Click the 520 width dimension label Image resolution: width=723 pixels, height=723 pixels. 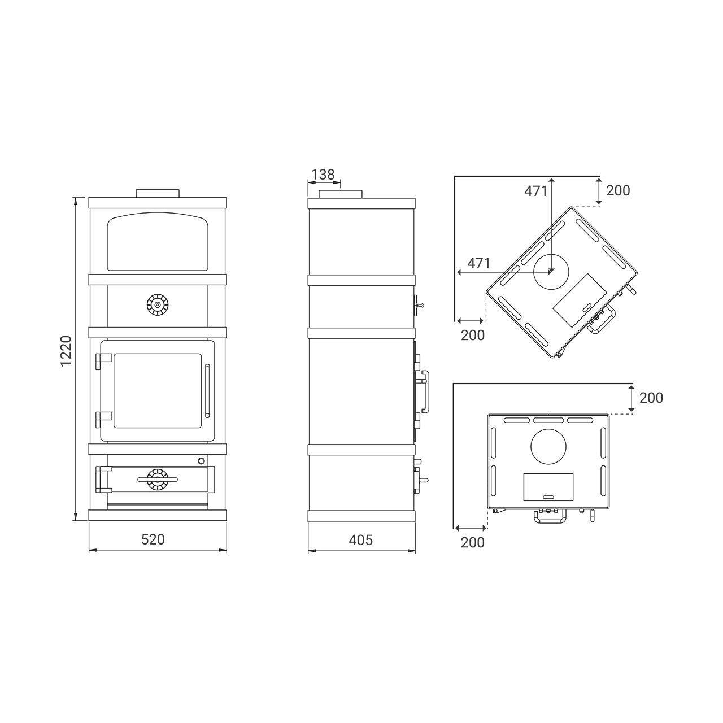coord(153,539)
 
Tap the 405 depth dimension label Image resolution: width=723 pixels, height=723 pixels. coord(360,540)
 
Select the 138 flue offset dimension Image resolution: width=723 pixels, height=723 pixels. coord(323,175)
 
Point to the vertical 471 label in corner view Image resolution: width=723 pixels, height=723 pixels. coord(536,191)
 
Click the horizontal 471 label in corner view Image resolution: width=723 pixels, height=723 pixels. coord(479,263)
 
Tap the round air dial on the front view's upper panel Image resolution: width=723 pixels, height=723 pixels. coord(157,304)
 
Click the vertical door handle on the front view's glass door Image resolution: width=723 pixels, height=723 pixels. coord(207,390)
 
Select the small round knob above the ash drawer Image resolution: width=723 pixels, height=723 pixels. coord(202,460)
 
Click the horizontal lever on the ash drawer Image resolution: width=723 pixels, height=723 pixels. coord(158,479)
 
